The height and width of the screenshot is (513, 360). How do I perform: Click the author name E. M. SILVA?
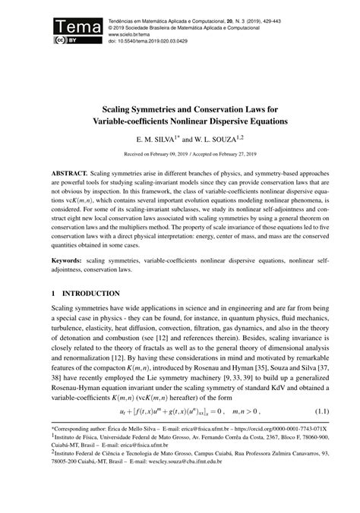(157, 119)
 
